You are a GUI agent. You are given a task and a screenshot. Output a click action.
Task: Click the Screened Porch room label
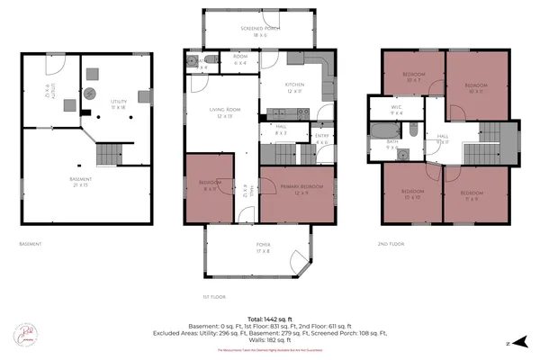[259, 31]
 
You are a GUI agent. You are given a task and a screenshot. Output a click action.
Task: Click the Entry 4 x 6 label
[322, 139]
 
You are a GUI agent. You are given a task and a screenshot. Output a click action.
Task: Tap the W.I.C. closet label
[395, 110]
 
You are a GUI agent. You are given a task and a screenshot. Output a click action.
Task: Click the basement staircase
[109, 154]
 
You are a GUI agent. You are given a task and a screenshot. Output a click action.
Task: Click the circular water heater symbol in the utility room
[90, 93]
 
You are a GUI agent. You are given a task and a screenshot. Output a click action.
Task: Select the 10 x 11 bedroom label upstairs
[475, 88]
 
